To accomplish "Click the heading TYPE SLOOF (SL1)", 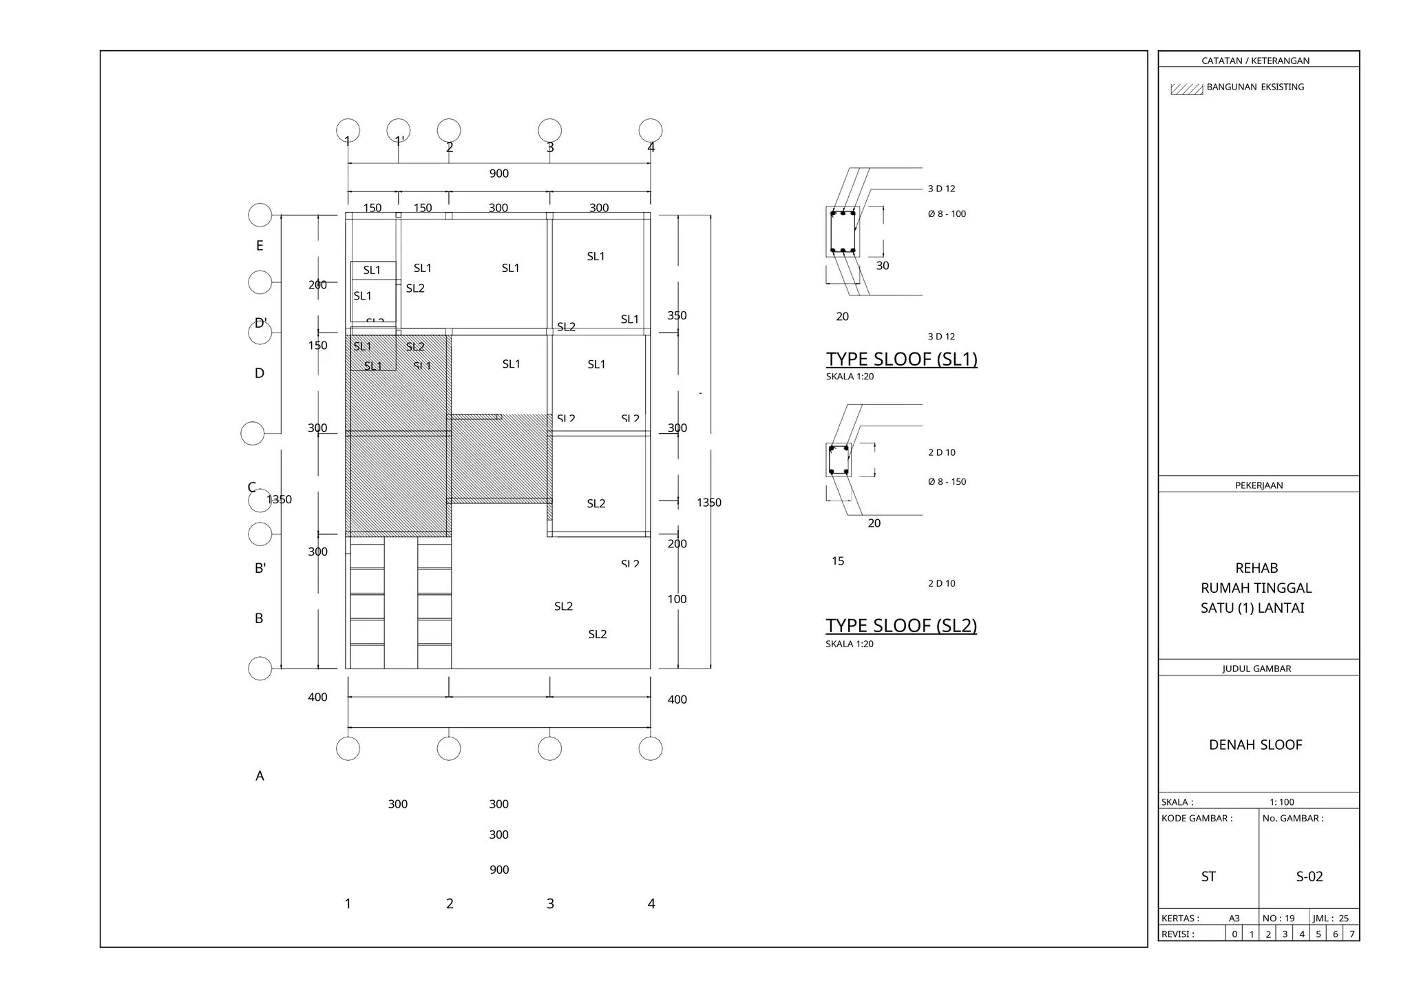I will pos(901,359).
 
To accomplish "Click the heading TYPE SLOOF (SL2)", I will pos(901,625).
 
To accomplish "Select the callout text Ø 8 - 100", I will pos(947,214).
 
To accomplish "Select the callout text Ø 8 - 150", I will pos(947,482).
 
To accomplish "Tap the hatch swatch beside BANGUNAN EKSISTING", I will pos(1186,89).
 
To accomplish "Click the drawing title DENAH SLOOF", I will pos(1255,745).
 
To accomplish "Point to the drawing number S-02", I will pos(1309,877).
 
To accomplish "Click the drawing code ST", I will pos(1208,877).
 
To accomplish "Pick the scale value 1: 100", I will pos(1281,802).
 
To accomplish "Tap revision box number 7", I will pos(1351,934).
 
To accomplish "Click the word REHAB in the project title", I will pos(1256,568).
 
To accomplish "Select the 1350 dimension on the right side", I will pos(708,503).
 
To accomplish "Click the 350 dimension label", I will pos(677,315).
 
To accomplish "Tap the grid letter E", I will pos(260,246).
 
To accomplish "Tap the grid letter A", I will pos(260,776).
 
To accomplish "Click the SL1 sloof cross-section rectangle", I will pos(843,232).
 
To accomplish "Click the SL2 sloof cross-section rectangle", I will pos(839,460).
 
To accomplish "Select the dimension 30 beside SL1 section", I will pos(883,266).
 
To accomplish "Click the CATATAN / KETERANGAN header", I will pos(1255,61).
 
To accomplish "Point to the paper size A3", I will pos(1234,919).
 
